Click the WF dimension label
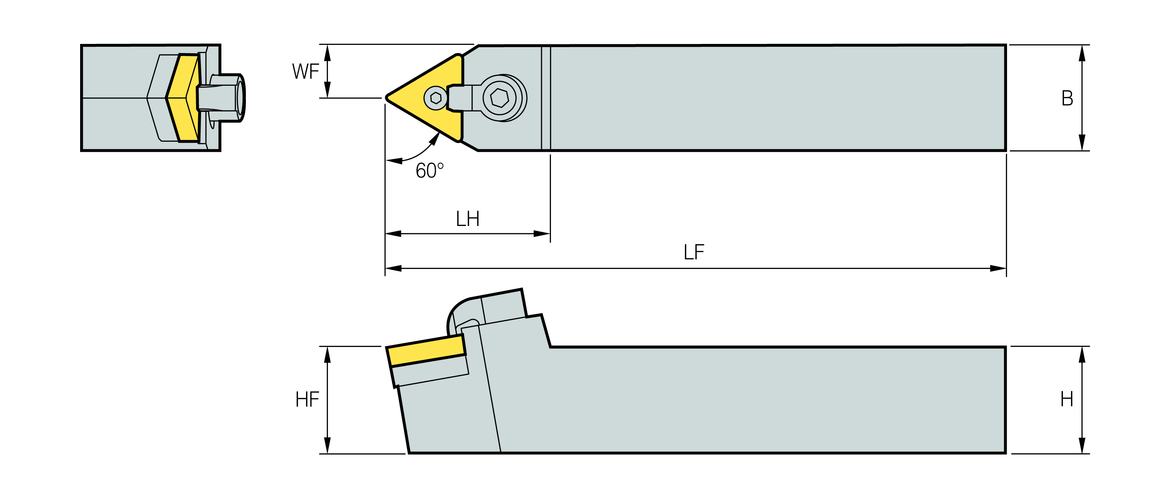coord(305,71)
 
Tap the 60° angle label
coord(429,170)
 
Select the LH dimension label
coord(467,219)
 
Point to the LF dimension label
coord(694,252)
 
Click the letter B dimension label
coord(1067,98)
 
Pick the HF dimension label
coord(307,399)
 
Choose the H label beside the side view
coord(1067,399)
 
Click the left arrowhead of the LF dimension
coord(393,269)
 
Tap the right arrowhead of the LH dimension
coord(542,234)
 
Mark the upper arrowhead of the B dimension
coord(1082,53)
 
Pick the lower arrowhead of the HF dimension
coord(327,445)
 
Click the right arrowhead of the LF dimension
coord(998,269)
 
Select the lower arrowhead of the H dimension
coord(1082,445)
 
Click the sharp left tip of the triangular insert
coord(386,97)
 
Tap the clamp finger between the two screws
coord(460,97)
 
